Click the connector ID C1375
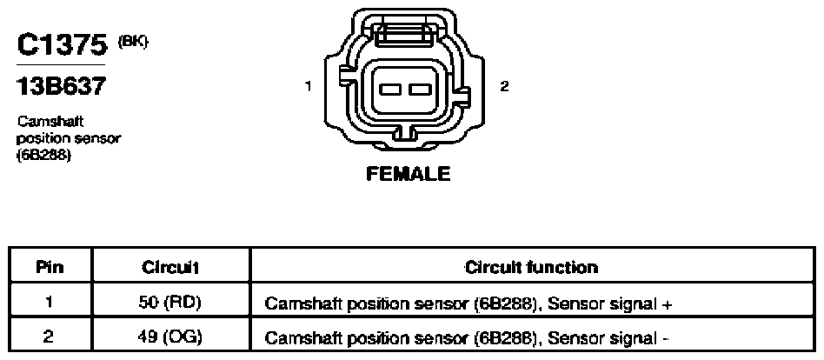coord(63,45)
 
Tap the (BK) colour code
coord(133,41)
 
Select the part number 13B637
coord(61,86)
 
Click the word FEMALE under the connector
coord(409,173)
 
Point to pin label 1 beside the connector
coord(309,87)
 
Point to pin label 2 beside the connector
coord(504,87)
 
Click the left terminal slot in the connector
coord(390,90)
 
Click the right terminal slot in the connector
coord(421,90)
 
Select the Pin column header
coord(50,268)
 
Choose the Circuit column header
coord(170,268)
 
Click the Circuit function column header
coord(531,268)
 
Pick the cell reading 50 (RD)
coord(170,303)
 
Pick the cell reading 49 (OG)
coord(170,337)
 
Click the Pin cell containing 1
coord(49,303)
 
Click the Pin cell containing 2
coord(49,337)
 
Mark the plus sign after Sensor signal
coord(668,303)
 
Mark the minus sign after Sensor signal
coord(666,338)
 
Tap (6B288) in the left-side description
coord(44,157)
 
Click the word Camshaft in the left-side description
coord(50,122)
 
